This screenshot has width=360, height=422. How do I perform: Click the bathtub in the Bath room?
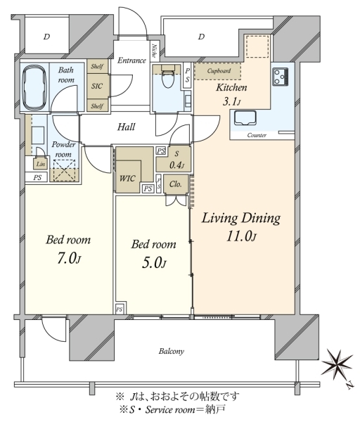point(35,86)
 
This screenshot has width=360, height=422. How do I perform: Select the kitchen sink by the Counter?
point(245,118)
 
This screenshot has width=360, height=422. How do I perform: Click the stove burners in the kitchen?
point(280,77)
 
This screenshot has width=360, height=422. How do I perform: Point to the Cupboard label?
point(219,71)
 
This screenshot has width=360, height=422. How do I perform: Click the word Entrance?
point(131,60)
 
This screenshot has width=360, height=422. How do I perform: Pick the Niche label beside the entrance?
point(155,51)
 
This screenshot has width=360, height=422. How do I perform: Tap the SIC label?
point(97,86)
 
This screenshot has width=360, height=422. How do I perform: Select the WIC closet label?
point(127,178)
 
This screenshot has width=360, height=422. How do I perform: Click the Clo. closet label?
point(175,184)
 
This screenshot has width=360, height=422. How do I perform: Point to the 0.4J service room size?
point(176,165)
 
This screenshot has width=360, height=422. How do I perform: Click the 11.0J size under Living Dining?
point(241,236)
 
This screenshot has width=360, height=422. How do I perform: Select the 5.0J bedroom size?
point(153,263)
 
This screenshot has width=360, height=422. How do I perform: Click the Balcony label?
point(172,351)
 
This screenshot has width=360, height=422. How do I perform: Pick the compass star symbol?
point(337,365)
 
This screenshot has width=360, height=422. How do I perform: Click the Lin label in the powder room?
point(41,164)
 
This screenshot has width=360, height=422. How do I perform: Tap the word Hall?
point(126,127)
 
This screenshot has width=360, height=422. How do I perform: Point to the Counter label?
point(257,135)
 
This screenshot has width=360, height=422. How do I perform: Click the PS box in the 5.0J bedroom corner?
point(120,309)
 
